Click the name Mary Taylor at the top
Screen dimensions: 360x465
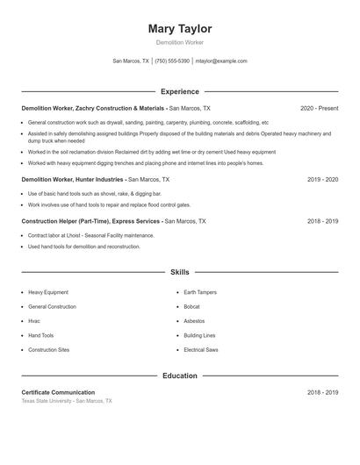(180, 29)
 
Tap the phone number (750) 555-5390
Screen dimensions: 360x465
(172, 61)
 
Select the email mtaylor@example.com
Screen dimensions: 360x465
(221, 61)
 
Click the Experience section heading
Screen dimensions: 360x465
(180, 91)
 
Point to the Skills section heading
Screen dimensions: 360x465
(180, 273)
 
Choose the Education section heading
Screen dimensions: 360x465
(180, 376)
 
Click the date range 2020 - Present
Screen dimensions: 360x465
(319, 108)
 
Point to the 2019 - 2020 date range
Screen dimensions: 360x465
(322, 179)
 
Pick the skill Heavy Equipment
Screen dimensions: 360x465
(48, 292)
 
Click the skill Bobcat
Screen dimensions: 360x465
(191, 306)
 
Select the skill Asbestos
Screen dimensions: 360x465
(194, 321)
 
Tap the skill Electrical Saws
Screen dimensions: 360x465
(201, 350)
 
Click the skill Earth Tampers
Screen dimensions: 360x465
(199, 292)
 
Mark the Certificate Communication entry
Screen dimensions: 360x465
(58, 392)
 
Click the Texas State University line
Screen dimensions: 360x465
(67, 401)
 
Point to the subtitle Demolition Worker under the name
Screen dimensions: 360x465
(180, 42)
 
